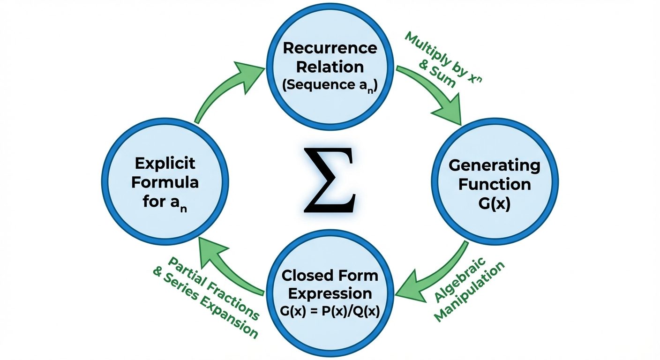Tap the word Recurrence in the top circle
pos(330,48)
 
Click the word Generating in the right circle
pos(494,165)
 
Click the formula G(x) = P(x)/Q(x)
pos(330,312)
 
